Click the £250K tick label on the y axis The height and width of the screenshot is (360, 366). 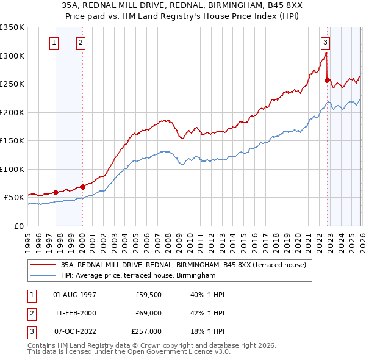click(x=12, y=84)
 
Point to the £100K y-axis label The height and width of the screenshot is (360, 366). click(x=12, y=169)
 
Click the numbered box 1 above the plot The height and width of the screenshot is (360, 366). click(x=55, y=43)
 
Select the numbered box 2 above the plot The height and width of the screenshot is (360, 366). click(x=81, y=43)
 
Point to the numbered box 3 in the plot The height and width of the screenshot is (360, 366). click(x=326, y=43)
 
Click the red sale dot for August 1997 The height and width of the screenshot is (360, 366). click(x=56, y=192)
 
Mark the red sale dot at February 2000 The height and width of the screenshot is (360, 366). click(x=82, y=187)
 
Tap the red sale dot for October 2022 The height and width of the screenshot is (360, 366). click(x=327, y=80)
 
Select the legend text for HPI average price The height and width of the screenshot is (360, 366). click(x=138, y=276)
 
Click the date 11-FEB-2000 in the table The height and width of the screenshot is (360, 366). click(x=74, y=313)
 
